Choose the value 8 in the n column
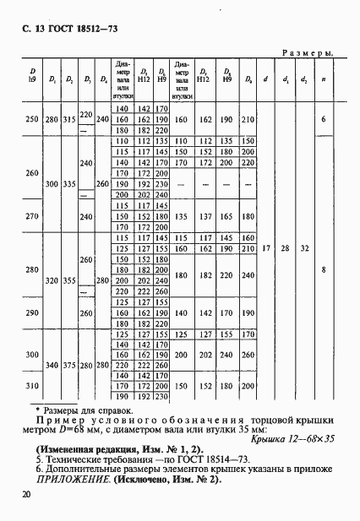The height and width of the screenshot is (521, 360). tap(324, 270)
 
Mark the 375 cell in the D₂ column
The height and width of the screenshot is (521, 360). tap(69, 365)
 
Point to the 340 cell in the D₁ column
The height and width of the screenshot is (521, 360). tap(52, 365)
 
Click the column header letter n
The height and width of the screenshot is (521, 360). tap(324, 80)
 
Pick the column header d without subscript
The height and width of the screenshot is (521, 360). tap(266, 80)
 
